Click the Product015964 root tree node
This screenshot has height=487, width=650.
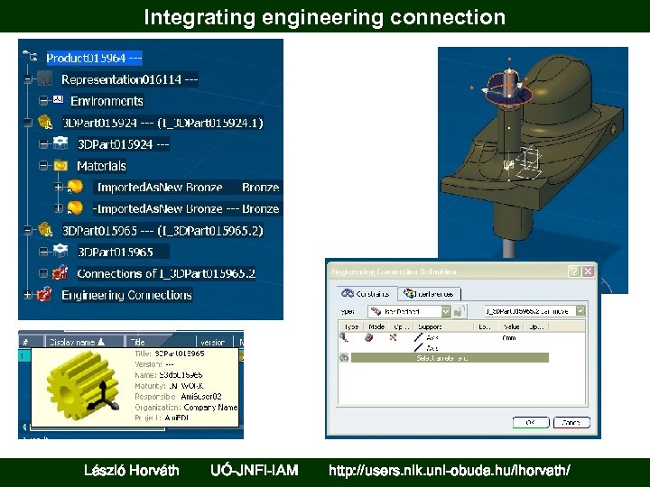coord(94,58)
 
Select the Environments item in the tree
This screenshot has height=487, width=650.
coord(107,101)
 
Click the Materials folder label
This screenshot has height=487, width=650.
coord(101,166)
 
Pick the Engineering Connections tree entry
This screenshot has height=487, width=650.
coord(126,295)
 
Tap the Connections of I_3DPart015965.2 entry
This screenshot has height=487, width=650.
coord(166,273)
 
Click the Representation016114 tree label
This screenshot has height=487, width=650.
coord(129,79)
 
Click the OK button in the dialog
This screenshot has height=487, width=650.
coord(530,422)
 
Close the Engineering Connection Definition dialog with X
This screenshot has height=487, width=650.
coord(589,271)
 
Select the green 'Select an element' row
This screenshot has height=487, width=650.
coord(449,358)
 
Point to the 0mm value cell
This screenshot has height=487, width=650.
coord(508,337)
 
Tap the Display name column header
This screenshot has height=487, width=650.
coord(73,342)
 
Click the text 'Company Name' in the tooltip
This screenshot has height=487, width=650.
coord(210,407)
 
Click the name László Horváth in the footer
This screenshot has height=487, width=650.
coord(131,470)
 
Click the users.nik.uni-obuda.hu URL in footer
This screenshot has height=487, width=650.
coord(449,470)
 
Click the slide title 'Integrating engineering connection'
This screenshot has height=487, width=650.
coord(324,17)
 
